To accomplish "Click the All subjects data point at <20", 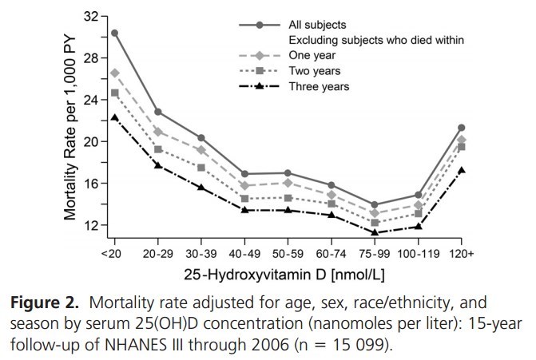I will pos(115,33).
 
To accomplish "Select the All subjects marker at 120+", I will pos(461,128).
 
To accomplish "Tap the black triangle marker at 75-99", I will pos(375,233).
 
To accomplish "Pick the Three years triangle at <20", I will pos(115,117).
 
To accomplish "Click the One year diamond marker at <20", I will pos(115,73).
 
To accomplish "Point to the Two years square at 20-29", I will pos(158,149).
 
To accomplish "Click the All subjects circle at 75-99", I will pos(375,205).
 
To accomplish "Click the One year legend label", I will pos(313,55).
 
